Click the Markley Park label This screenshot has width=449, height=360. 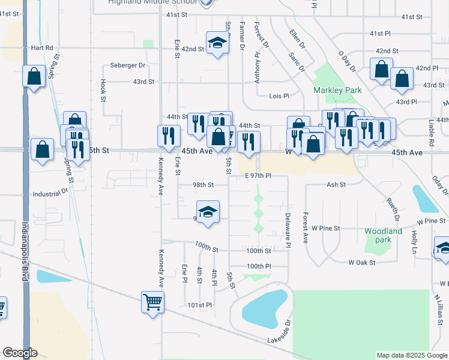pos(337,90)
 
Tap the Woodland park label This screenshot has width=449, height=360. pos(383,235)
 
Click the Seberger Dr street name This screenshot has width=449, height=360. pos(128,65)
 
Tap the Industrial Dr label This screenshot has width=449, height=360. pos(50,194)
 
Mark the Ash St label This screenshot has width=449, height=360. pos(336,185)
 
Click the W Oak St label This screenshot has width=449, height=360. pos(362,262)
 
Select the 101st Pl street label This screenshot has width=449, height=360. pos(200,305)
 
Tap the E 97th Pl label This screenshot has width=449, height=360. pos(259,176)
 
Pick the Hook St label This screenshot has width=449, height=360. pos(103,90)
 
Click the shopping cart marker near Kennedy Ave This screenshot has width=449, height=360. pos(153,302)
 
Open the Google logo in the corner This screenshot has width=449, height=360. pos(20,353)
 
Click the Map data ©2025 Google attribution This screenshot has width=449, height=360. pos(411,355)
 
